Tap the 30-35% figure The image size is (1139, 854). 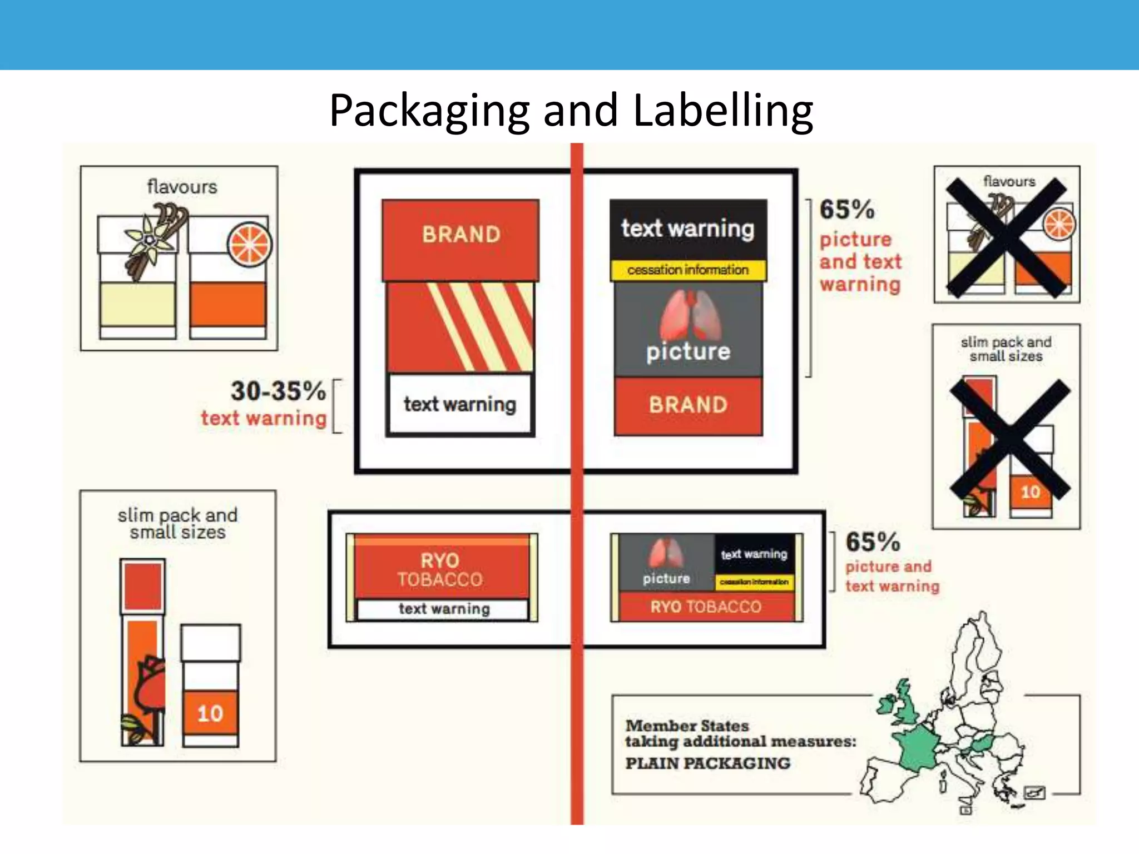tap(278, 391)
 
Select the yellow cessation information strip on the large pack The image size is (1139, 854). tap(688, 270)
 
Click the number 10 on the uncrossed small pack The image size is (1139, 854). tap(210, 713)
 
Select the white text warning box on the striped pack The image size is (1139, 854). tap(460, 404)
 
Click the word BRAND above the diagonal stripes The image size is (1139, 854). tap(461, 235)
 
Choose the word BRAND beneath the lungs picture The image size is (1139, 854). tap(688, 405)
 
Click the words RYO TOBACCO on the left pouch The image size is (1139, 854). tap(440, 570)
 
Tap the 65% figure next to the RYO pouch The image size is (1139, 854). tap(873, 542)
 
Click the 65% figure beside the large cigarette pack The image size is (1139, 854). tap(846, 210)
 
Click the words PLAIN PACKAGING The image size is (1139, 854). tap(707, 763)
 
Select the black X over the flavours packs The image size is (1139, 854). tap(1007, 238)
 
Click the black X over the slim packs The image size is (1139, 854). tap(1009, 439)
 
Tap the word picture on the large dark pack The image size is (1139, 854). tap(688, 352)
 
